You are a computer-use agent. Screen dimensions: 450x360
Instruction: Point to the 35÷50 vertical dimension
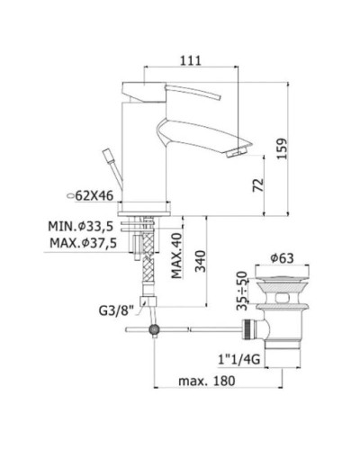240,297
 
